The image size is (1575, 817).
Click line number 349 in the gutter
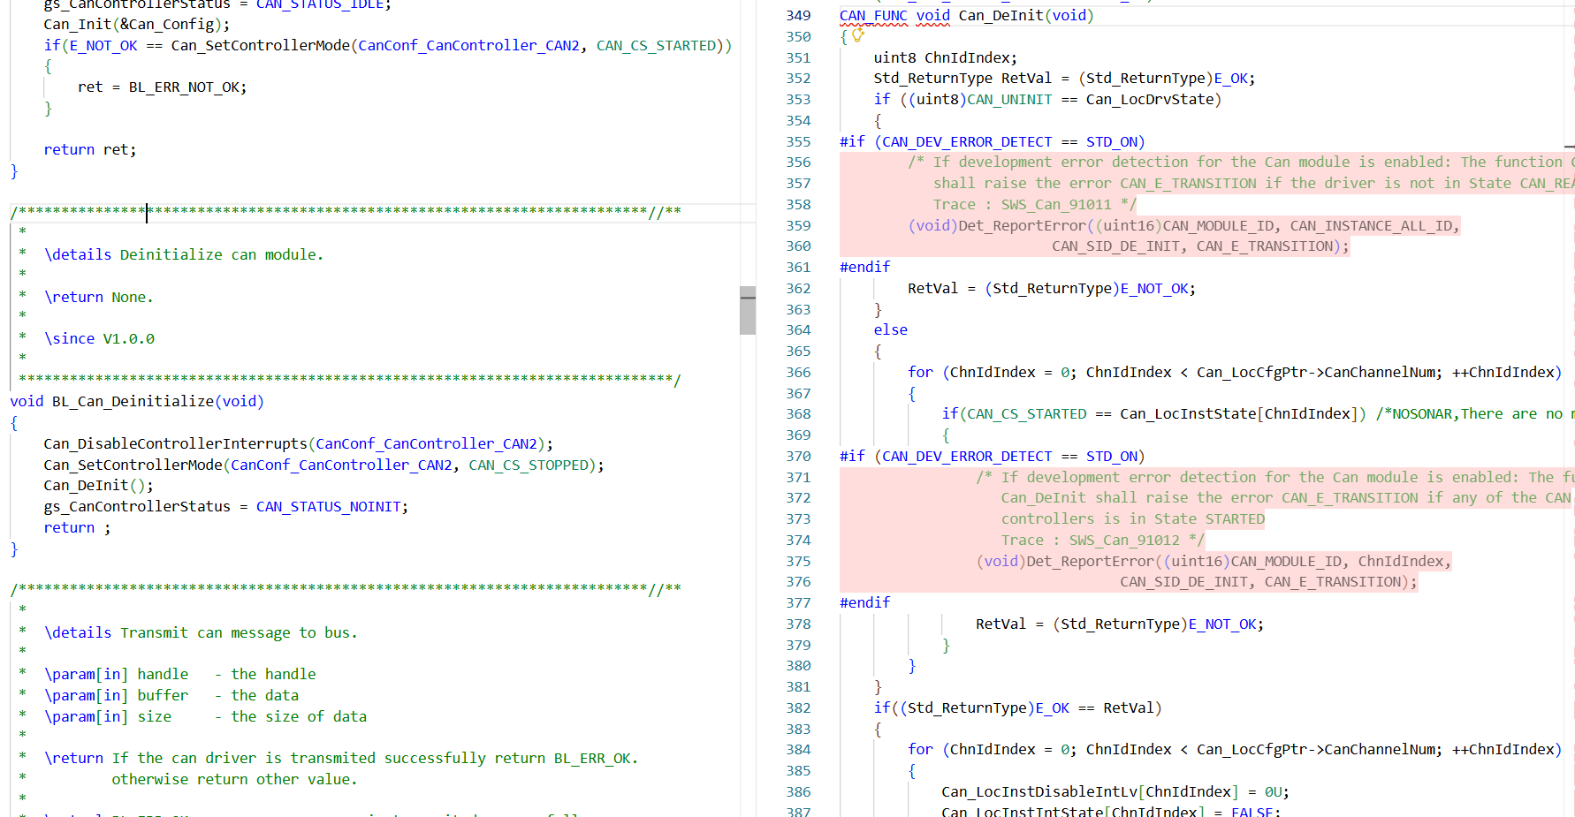[798, 16]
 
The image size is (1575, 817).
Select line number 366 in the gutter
[798, 373]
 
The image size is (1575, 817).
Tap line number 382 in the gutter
[798, 708]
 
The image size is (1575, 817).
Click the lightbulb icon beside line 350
[857, 35]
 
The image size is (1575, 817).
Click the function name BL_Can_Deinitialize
[133, 402]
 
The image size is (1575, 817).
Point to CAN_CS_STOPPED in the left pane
[529, 465]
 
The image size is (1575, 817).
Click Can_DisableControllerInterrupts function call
[175, 444]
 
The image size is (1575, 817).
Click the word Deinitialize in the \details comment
[171, 255]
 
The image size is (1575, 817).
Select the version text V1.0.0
[129, 339]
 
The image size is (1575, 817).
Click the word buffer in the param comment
[163, 696]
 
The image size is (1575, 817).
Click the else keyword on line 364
[891, 330]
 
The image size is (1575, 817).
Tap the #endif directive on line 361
[865, 268]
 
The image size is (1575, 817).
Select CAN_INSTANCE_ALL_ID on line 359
[1371, 226]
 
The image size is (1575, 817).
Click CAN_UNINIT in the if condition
[1009, 100]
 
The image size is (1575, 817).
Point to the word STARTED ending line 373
[1235, 519]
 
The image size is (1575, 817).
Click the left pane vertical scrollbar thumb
[748, 310]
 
